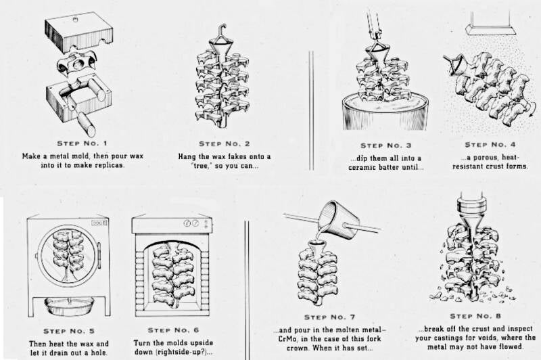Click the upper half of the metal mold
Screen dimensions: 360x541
(x=78, y=31)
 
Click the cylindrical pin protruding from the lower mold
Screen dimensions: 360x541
(x=85, y=126)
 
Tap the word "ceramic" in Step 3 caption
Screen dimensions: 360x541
(x=364, y=168)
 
